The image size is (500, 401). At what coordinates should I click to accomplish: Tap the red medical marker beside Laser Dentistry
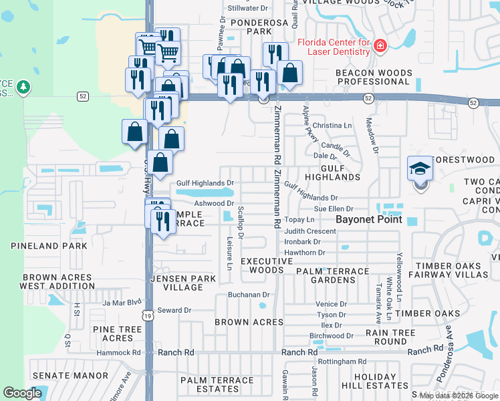(380, 45)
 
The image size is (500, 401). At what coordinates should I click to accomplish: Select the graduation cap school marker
(420, 168)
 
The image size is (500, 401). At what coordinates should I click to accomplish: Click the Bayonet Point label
(368, 219)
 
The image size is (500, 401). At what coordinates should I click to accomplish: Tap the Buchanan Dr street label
(248, 294)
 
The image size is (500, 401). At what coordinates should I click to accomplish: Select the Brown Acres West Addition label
(57, 281)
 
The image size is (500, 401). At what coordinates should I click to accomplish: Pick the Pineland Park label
(49, 246)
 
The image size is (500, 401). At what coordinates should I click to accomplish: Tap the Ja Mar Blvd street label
(122, 302)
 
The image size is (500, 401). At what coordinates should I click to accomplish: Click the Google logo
(22, 393)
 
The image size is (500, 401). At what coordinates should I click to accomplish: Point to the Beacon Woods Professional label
(372, 77)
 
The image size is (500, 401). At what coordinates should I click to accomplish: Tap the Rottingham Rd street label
(342, 362)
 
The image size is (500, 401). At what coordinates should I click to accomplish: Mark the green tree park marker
(23, 87)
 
